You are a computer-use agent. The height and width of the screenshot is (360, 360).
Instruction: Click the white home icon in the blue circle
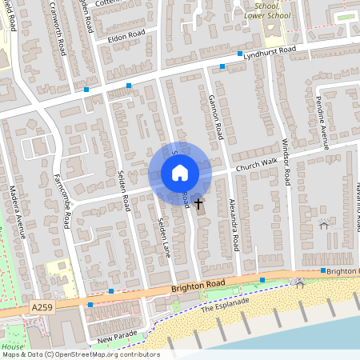pos(179,173)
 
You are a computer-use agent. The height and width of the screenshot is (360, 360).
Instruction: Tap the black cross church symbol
pos(199,205)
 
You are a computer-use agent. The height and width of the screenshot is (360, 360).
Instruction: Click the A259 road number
pos(44,306)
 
